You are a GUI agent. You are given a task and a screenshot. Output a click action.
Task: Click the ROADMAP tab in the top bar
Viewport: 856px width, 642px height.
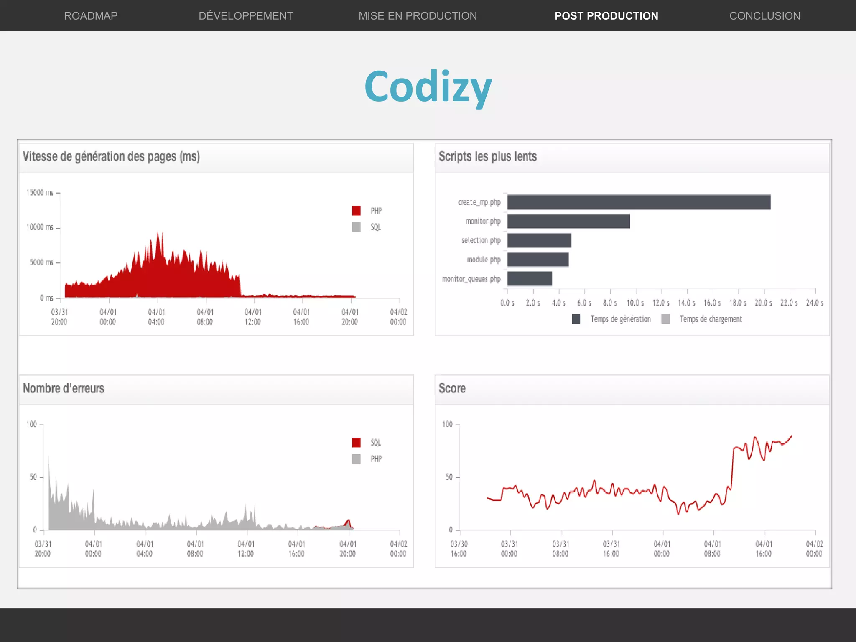(91, 16)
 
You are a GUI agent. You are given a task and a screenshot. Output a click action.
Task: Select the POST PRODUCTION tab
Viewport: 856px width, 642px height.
(606, 16)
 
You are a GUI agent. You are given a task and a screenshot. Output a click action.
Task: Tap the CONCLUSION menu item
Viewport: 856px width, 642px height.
(764, 16)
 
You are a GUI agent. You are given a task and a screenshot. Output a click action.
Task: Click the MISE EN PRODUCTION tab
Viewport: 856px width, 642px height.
(418, 16)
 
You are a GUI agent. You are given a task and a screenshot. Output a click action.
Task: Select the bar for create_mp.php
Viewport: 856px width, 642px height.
(639, 202)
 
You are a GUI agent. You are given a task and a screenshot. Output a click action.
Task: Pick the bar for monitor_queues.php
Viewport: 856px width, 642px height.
(530, 279)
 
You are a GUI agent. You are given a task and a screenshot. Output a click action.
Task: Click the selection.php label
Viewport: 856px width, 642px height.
(481, 240)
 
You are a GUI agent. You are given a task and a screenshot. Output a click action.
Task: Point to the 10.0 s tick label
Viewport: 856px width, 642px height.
(635, 303)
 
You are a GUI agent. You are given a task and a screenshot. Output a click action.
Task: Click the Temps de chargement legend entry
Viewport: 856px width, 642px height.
(710, 319)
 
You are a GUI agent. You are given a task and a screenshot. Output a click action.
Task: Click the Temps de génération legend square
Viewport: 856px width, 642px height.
(576, 319)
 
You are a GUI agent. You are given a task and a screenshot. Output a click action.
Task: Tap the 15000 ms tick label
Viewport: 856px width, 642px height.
(40, 193)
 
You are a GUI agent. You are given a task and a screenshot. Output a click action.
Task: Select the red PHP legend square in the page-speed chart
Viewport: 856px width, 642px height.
(356, 211)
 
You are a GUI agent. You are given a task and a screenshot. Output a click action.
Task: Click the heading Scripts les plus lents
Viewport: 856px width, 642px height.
(487, 157)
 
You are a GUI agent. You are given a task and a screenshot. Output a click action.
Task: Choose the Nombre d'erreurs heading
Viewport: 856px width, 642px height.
(64, 388)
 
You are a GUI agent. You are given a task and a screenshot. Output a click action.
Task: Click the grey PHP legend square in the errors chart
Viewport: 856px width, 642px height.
(356, 459)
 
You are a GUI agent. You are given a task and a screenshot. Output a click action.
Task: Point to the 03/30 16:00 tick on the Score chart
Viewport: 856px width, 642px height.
(459, 548)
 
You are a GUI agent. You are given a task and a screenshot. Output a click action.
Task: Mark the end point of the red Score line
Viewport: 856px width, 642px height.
(791, 436)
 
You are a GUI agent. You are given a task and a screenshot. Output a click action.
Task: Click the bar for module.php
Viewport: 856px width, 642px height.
(538, 260)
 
